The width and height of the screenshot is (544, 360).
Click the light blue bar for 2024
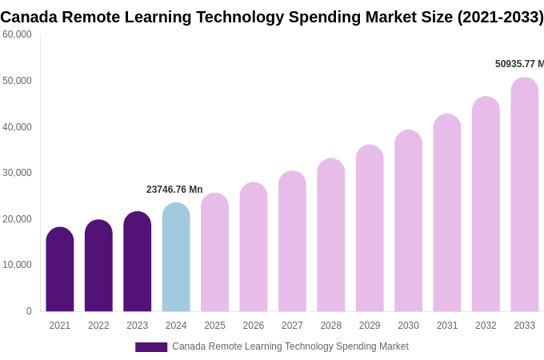click(176, 258)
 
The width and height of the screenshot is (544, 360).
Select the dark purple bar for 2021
click(60, 270)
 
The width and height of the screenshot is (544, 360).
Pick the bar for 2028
click(331, 235)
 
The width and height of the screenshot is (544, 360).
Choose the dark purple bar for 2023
click(138, 262)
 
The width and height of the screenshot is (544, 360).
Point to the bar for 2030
click(408, 221)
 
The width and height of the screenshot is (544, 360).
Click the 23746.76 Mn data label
click(174, 190)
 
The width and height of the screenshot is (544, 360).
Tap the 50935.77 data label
click(518, 64)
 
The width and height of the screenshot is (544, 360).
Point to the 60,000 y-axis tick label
click(17, 34)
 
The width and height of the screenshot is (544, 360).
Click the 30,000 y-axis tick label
click(17, 173)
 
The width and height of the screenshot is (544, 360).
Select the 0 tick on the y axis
click(29, 311)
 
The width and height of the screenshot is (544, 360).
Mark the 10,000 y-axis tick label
click(17, 265)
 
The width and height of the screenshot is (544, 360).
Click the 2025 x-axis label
click(214, 326)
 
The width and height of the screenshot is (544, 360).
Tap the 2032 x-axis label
click(486, 326)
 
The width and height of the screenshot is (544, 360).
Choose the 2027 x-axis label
click(292, 326)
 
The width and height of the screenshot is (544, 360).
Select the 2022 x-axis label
click(98, 326)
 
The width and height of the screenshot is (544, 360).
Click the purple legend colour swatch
click(151, 347)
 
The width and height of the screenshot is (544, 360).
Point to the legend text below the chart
click(290, 346)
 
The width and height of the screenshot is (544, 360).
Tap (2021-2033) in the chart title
click(500, 17)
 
